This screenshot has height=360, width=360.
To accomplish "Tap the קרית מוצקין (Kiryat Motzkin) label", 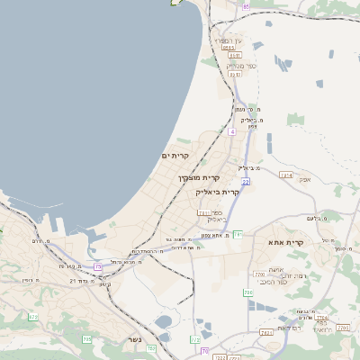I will point(199,178).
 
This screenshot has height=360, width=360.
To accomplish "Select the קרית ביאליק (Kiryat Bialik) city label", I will point(218,193).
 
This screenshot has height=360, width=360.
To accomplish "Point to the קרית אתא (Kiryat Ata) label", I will point(286,242).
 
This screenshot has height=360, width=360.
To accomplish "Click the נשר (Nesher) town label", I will point(135,339).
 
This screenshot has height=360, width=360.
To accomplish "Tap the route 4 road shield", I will point(231,131).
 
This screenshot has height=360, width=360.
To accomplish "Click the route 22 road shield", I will point(245,182).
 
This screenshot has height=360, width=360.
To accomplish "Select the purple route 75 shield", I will point(98,266).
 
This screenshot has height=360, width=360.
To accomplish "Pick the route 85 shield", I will point(246,6).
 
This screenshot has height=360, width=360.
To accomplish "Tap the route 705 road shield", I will point(87,338).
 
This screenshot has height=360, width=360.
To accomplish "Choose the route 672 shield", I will point(33,317).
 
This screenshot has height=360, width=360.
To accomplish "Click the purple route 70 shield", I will point(205,350).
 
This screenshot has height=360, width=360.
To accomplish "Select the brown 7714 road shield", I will point(319,318).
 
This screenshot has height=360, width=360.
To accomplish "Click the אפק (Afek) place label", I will point(304,180).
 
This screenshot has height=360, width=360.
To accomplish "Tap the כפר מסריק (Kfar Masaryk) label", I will point(241,65).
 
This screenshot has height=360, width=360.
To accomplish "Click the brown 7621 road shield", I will point(266,332).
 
